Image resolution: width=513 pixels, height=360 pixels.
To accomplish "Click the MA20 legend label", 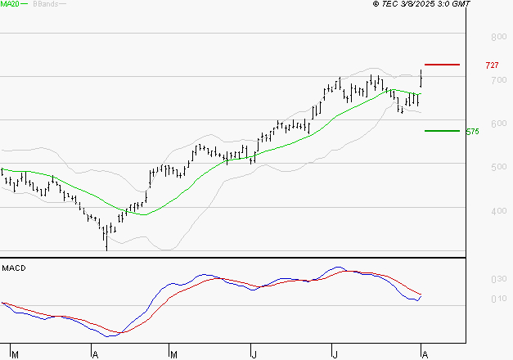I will point(11,5).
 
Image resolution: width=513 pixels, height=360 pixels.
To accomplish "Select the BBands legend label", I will point(45,5).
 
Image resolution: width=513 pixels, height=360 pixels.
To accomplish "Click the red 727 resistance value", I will point(492,65).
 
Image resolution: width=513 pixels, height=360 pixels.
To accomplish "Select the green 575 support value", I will point(472,131).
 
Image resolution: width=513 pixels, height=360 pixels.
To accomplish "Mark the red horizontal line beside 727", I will point(443,65).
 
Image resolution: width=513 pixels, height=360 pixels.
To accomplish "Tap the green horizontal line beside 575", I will point(441,130).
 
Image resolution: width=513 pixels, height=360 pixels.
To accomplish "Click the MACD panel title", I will point(14,268).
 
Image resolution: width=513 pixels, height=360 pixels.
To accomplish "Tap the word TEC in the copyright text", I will point(389,5).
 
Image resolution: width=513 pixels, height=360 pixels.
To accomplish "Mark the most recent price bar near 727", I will point(421,79).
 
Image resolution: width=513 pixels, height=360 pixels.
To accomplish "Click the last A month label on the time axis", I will point(422,353).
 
